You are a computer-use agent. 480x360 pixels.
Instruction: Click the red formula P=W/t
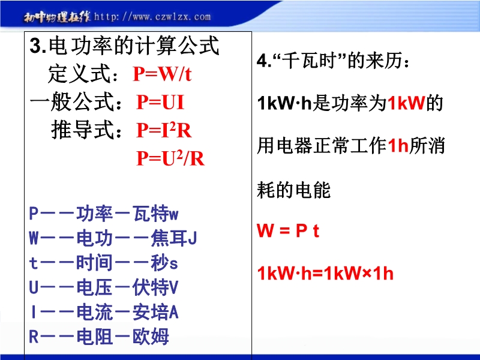pos(162,74)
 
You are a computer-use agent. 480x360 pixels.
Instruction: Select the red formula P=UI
pos(160,102)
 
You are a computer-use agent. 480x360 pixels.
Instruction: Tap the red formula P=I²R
pos(164,130)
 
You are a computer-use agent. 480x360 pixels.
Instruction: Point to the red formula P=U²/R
pos(170,158)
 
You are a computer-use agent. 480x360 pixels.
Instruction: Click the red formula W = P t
pos(288,230)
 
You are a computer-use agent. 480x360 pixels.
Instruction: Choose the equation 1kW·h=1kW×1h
pos(325,273)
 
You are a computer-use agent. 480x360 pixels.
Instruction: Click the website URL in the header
pos(152,17)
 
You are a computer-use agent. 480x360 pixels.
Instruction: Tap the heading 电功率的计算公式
pos(134,46)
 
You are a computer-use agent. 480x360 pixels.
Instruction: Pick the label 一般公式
pos(71,102)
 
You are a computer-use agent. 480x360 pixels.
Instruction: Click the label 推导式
pos(82,130)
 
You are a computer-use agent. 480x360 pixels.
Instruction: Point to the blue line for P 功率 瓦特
pos(103,214)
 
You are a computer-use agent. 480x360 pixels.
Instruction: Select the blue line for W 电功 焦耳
pos(113,238)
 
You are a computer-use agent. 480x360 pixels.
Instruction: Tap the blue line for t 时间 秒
pos(103,263)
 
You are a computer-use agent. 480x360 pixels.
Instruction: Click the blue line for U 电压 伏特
pos(103,287)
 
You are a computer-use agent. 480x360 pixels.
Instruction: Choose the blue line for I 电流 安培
pos(104,312)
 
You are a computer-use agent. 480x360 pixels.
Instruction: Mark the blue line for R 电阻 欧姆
pos(99,337)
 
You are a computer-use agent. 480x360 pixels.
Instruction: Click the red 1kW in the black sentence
pos(406,103)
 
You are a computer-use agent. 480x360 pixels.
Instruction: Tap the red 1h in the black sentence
pos(398,145)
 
